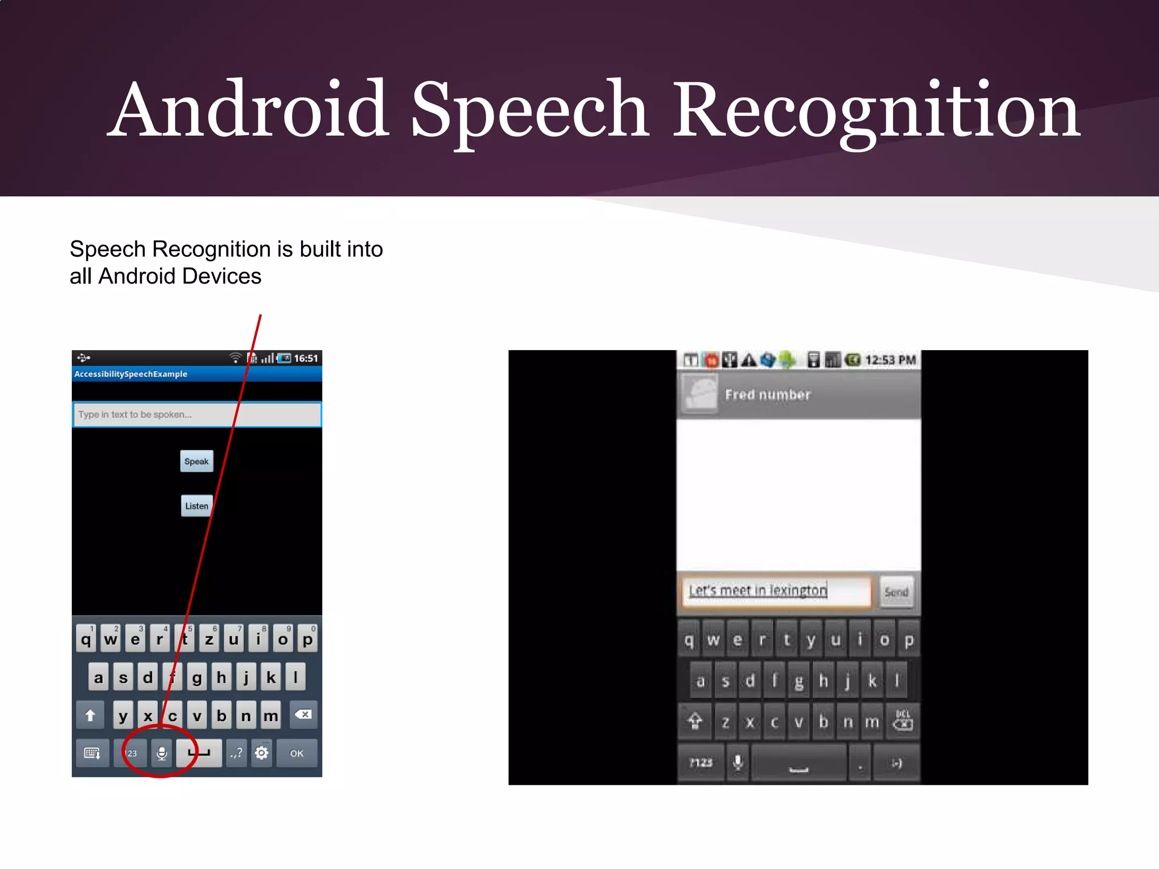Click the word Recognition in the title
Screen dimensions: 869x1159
[876, 110]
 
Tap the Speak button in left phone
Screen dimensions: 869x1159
[196, 461]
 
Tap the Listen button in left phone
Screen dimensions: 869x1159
[196, 506]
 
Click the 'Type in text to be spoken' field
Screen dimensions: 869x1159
[196, 415]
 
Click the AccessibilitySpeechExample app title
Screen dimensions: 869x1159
[131, 374]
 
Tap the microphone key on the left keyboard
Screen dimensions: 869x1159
[161, 753]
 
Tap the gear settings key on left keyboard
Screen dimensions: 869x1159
[261, 753]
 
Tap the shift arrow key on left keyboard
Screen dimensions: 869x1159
[91, 716]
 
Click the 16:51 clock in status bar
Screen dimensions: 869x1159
[306, 358]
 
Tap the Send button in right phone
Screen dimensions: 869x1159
[896, 592]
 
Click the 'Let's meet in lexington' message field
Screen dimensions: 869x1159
[775, 591]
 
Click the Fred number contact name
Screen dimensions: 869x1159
[768, 395]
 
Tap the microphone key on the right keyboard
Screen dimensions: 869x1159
[738, 763]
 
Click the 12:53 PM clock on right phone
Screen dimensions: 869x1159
[890, 360]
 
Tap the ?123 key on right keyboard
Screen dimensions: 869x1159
[701, 763]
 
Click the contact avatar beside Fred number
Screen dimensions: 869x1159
[700, 394]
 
